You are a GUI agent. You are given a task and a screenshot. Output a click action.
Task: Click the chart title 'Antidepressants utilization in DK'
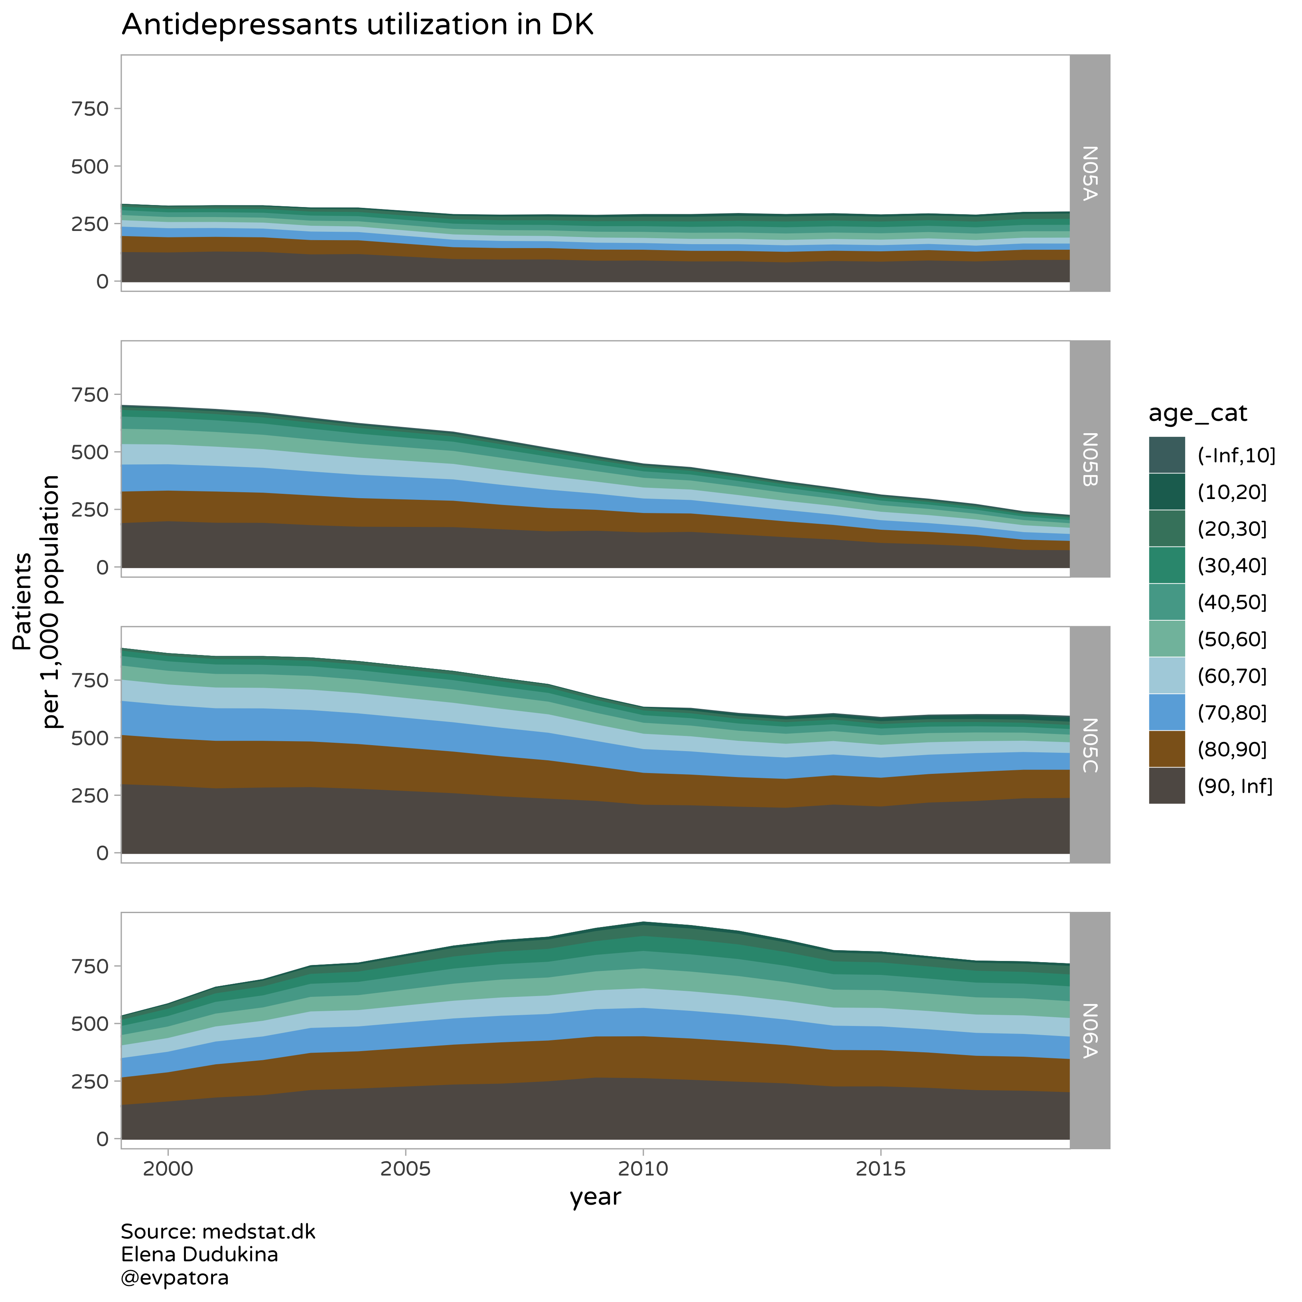click(x=357, y=25)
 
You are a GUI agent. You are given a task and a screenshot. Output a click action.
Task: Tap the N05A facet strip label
click(x=1090, y=173)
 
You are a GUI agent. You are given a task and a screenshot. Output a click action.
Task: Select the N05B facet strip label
click(x=1090, y=459)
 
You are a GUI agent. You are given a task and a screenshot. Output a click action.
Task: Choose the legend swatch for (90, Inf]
click(x=1166, y=786)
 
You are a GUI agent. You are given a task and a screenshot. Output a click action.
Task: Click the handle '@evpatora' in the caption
click(x=175, y=1278)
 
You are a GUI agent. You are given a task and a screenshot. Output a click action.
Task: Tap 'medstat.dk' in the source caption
click(x=258, y=1232)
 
